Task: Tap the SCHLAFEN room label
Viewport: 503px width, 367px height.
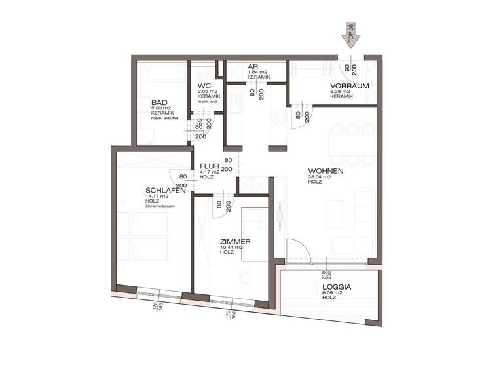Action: [165, 191]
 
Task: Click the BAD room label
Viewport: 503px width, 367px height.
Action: [159, 103]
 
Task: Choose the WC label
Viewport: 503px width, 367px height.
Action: [203, 86]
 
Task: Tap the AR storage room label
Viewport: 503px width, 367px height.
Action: [251, 67]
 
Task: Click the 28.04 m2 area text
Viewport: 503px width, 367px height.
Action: [320, 177]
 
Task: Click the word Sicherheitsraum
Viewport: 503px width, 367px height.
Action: [160, 206]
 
